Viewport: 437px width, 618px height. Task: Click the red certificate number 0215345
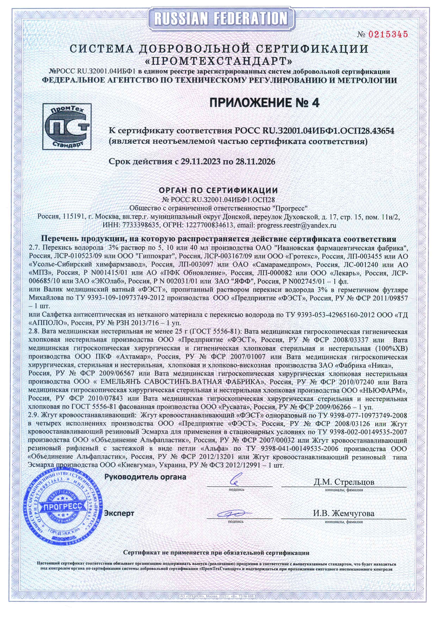coord(388,34)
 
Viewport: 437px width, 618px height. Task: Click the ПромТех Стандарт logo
coord(67,126)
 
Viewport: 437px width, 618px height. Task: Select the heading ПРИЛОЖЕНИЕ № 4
coord(264,103)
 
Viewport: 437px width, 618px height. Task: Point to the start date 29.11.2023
coord(200,162)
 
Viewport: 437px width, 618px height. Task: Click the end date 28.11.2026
coord(255,162)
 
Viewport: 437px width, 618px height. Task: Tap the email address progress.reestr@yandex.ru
coord(297,224)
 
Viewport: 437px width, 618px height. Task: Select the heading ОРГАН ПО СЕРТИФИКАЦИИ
coord(218,190)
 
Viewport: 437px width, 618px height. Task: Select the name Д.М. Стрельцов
coord(344,482)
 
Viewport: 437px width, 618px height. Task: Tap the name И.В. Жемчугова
coord(344,513)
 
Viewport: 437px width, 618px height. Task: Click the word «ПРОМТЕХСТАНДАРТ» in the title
coord(218,61)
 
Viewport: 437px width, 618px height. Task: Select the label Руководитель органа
coord(145,477)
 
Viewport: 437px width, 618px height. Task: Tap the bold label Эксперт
coord(119,513)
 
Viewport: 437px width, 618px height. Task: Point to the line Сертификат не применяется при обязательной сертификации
coord(216,552)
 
